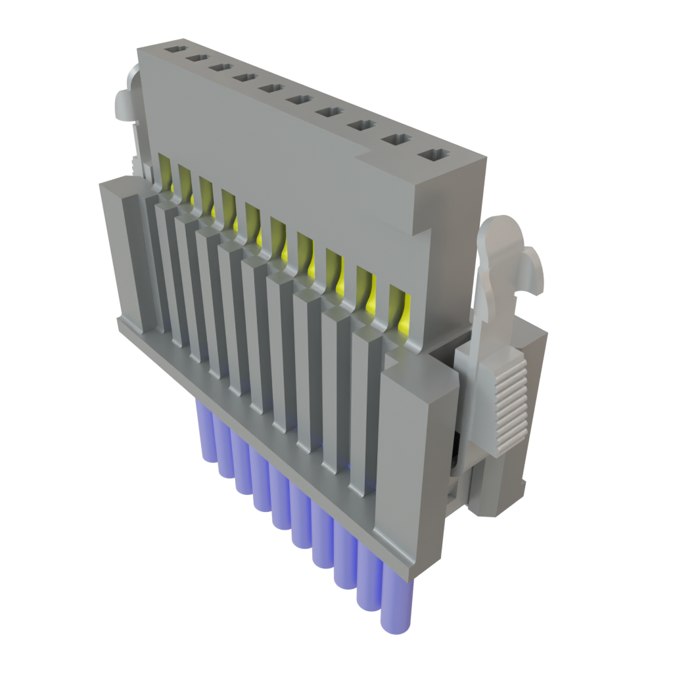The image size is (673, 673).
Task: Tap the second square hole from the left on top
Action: coord(197,58)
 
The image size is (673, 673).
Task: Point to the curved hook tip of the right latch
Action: coord(536,273)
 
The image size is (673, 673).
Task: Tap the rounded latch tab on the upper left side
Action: coord(123,105)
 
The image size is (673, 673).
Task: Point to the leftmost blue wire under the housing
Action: coord(205,427)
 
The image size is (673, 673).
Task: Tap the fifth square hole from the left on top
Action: coord(270,89)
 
